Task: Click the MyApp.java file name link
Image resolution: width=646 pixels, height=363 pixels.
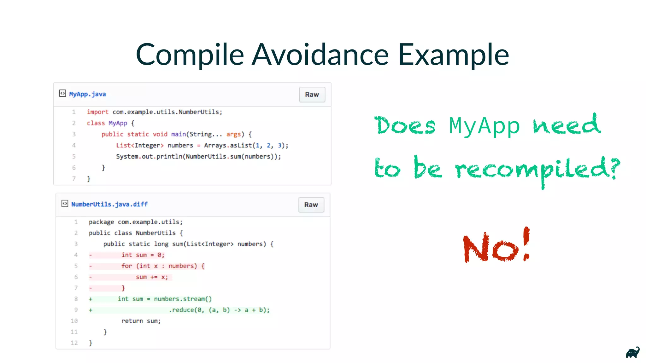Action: click(87, 94)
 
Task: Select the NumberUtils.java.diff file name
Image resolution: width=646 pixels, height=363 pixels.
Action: click(109, 205)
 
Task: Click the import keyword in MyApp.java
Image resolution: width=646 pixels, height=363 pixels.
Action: click(97, 112)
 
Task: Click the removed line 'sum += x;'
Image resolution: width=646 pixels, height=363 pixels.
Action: click(152, 277)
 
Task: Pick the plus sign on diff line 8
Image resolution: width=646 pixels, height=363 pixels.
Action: click(91, 299)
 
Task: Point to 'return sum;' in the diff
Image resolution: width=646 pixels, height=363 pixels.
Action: click(141, 321)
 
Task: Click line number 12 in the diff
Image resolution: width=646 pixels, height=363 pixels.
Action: click(74, 343)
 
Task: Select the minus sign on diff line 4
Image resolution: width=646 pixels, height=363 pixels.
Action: click(91, 255)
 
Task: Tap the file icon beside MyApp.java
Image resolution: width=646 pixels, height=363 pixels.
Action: click(62, 93)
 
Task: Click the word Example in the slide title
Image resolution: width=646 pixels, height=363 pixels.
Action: click(453, 55)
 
